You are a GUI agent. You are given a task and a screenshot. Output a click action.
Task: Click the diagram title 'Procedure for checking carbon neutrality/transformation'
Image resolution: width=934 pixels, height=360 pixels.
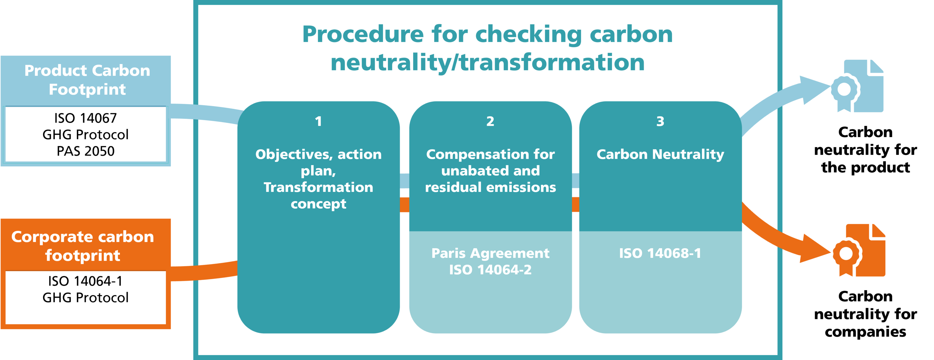coord(487,48)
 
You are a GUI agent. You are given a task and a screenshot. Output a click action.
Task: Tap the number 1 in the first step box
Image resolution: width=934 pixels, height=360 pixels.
coord(318,121)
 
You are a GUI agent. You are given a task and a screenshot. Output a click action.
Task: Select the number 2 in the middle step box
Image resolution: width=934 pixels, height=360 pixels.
coord(490,121)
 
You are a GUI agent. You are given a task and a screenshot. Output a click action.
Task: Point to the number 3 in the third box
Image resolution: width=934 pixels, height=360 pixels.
coord(660,121)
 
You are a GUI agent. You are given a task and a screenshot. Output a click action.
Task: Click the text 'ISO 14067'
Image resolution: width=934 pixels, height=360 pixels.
coord(86,118)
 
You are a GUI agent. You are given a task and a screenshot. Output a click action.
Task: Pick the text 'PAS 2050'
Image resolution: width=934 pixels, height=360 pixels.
coord(86,151)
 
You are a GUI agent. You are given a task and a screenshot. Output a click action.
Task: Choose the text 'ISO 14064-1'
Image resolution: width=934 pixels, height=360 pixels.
coord(86,281)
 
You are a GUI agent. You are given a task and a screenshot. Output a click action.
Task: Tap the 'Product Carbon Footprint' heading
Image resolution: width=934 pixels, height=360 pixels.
coord(87,80)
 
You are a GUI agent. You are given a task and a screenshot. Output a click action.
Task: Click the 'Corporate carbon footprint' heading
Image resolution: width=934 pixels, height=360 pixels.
coord(83,246)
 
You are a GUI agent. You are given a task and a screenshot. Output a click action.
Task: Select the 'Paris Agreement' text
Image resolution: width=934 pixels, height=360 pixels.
coord(490,253)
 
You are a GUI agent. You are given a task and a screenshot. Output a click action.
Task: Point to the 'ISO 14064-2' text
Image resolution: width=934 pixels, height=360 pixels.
coord(490,270)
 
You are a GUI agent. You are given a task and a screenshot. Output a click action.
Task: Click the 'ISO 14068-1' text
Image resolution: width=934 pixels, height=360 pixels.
coord(660,253)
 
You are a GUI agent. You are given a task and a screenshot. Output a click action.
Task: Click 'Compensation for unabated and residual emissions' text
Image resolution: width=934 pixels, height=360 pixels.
coord(490,171)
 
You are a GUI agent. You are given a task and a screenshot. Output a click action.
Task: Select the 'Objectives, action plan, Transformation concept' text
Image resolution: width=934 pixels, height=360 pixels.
coord(318,179)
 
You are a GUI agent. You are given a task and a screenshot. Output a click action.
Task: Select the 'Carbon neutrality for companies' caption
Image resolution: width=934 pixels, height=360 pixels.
coord(866,314)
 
